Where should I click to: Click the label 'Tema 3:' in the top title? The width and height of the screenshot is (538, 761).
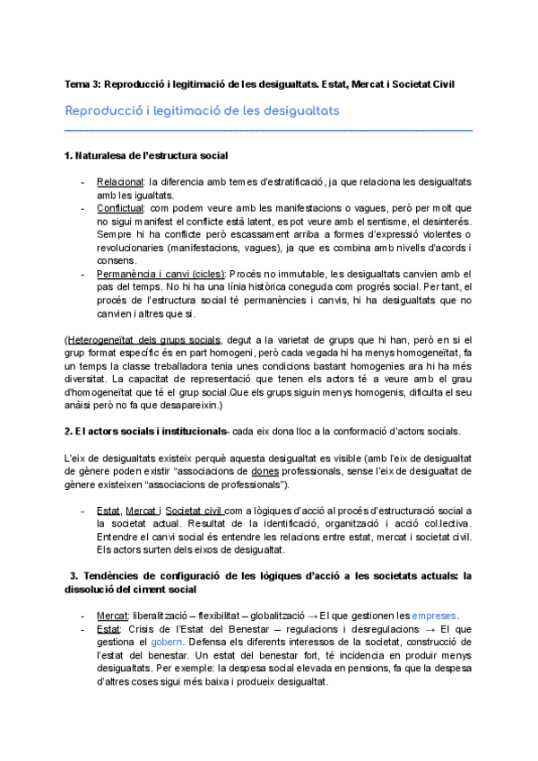coord(82,84)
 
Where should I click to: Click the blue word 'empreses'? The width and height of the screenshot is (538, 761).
coord(434,615)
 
